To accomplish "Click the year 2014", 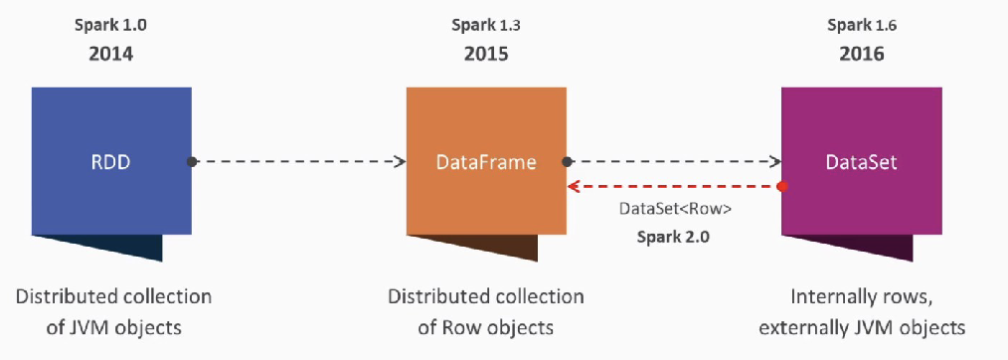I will [110, 53].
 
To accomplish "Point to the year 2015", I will [486, 53].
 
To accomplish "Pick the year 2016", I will [861, 53].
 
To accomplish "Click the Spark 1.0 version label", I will [110, 22].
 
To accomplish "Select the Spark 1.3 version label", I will [486, 22].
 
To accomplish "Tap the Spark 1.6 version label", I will [861, 22].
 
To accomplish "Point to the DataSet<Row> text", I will [674, 211].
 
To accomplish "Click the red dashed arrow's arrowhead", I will [574, 186].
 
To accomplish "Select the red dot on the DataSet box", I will [783, 186].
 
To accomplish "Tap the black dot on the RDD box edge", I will [192, 160].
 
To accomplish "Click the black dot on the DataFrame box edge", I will [567, 160].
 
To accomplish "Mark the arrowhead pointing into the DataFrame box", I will [400, 160].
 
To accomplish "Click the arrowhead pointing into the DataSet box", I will [774, 160].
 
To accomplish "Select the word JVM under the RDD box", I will [95, 324].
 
